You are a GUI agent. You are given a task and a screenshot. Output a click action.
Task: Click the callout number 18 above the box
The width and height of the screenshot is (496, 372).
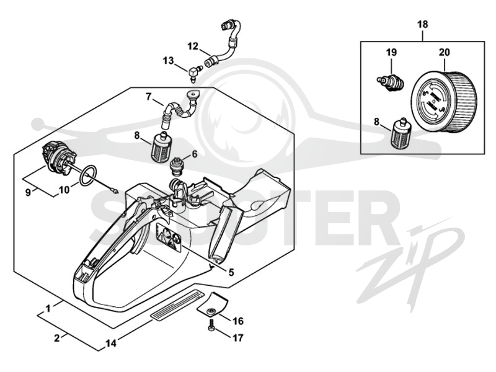tap(423, 24)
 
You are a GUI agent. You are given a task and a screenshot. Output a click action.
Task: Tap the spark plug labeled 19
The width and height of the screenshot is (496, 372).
tap(391, 82)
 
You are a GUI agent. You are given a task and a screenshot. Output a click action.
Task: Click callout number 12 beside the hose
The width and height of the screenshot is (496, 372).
tap(192, 46)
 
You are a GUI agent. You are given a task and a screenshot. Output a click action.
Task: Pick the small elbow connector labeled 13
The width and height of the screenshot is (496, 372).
tap(193, 73)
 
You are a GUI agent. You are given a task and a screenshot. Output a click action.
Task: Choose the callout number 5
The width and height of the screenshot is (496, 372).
tap(231, 272)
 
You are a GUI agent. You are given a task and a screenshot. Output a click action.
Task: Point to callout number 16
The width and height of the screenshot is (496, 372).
tap(238, 321)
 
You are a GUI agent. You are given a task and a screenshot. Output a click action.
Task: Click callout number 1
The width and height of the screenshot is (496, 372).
tap(48, 308)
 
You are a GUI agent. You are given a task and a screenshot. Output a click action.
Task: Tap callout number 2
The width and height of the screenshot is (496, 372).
tap(56, 338)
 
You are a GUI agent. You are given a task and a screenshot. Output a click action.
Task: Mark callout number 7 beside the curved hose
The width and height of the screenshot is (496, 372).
tap(148, 96)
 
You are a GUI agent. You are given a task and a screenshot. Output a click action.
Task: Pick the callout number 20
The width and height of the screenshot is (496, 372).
tap(444, 52)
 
